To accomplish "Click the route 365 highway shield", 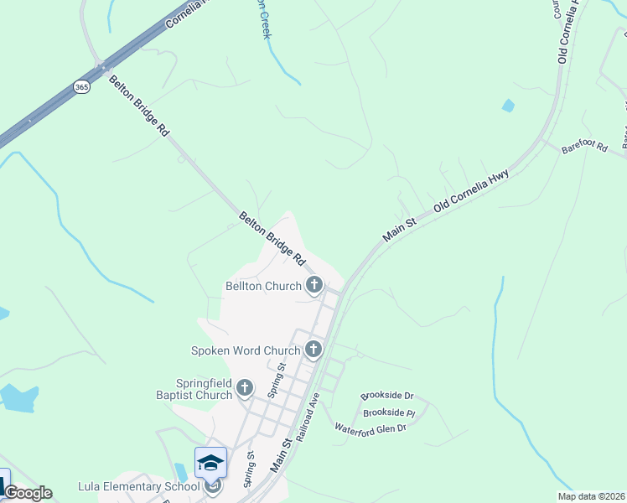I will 81,86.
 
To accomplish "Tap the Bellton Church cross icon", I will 314,286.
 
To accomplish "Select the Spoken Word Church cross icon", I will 313,350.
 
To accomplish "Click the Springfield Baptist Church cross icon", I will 244,387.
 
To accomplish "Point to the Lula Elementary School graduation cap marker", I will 210,463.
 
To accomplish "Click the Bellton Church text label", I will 263,286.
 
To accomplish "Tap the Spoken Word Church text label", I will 246,350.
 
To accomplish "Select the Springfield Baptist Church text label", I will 193,389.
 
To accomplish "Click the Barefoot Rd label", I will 584,146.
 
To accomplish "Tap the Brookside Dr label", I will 387,395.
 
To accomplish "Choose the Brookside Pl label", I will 388,413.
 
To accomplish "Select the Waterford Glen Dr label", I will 370,428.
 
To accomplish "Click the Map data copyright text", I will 591,496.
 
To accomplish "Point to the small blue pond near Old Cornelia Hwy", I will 508,106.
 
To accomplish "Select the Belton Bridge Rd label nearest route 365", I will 139,105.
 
